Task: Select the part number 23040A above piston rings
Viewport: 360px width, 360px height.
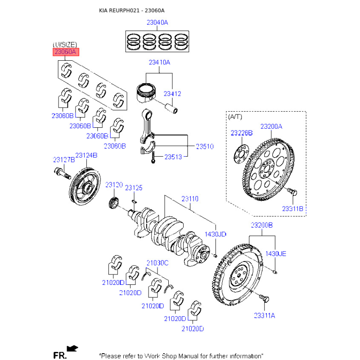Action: coord(157,22)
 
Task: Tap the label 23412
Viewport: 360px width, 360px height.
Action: coord(172,94)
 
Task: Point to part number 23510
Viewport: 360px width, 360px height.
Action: coord(204,146)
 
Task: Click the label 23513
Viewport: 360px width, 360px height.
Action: coord(173,157)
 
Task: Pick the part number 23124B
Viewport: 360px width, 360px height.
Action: coord(86,155)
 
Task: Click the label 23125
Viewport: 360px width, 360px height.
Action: coord(134,188)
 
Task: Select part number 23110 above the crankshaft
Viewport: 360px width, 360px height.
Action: coord(190,198)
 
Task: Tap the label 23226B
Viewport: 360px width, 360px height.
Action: coord(242,133)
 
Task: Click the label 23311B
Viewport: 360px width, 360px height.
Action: coord(293,209)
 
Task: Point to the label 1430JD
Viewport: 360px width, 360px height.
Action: coord(216,234)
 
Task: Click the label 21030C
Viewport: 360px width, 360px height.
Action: coord(157,262)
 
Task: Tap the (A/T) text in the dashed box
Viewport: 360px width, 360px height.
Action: coord(235,117)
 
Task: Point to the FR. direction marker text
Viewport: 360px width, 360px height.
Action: coord(59,355)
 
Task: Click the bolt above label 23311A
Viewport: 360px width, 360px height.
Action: coord(263,297)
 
